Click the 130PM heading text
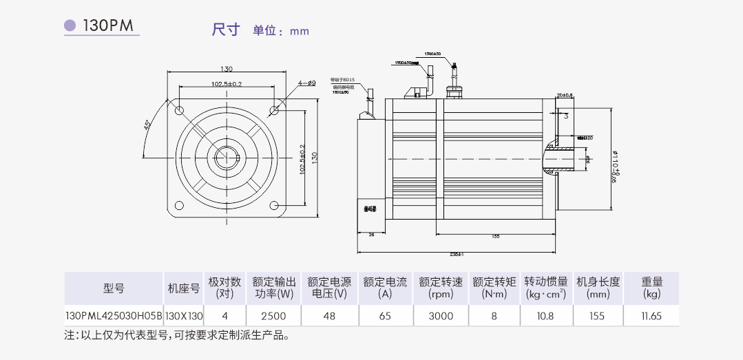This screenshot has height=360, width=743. point(109,26)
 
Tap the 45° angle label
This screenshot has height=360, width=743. point(147,126)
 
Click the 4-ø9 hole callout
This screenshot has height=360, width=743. point(306,83)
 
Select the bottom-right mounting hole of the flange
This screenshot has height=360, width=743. point(273,204)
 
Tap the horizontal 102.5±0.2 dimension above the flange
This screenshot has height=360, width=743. point(226,84)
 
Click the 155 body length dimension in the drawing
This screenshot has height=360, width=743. point(495,237)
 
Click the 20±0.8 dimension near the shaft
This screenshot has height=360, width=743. point(565,95)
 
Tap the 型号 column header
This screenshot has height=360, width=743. point(114,288)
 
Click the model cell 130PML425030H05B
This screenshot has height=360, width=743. point(114,316)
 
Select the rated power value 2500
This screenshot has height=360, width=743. point(273,316)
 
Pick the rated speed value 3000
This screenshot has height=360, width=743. point(441,316)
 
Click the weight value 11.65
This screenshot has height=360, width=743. point(651,316)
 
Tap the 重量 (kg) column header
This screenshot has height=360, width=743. point(651,288)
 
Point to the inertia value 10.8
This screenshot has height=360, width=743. point(545,316)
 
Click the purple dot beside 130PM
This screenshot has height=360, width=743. point(70,26)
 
